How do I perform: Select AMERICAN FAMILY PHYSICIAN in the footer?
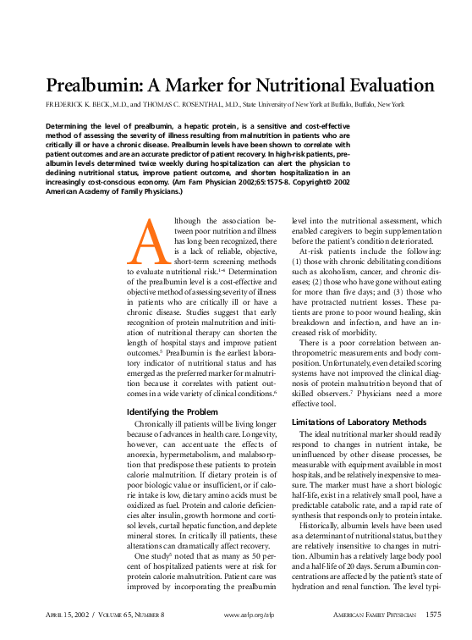click(x=371, y=615)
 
